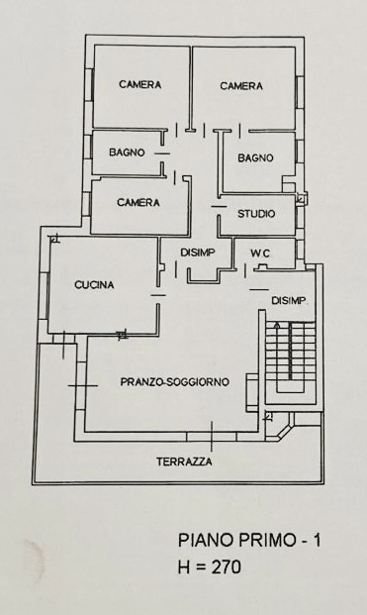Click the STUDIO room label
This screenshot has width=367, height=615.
[255, 214]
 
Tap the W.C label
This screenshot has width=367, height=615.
[260, 254]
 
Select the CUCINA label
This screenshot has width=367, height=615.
[94, 285]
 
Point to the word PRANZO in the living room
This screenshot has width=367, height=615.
[142, 381]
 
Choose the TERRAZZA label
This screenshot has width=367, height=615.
[184, 461]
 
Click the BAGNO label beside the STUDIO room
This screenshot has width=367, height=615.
[255, 157]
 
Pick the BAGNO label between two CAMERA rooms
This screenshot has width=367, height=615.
[127, 153]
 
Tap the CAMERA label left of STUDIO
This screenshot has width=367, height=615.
[138, 203]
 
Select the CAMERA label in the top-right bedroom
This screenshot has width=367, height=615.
[241, 86]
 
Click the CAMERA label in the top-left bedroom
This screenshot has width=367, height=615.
[139, 85]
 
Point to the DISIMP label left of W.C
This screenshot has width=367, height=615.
[198, 254]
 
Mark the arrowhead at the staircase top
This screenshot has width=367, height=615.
[277, 325]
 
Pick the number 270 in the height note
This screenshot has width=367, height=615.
[224, 567]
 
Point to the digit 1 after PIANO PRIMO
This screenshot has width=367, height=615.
[316, 541]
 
